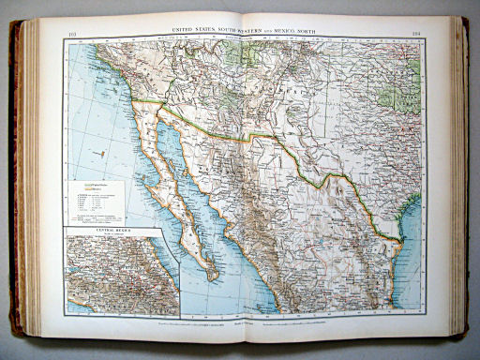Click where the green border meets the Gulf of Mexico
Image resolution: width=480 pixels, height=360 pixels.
click(400, 246)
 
